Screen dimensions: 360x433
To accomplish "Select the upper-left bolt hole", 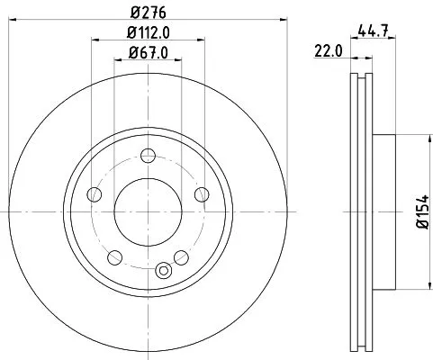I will [93, 193].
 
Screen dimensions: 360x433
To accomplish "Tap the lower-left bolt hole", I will [113, 255].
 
